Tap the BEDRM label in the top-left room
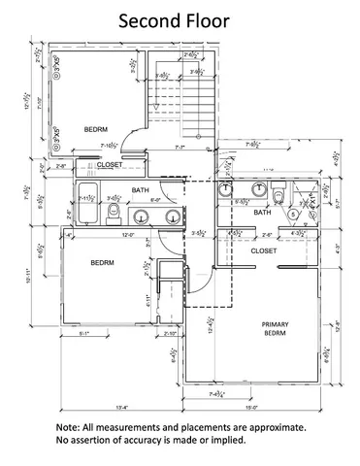pyautogui.click(x=97, y=129)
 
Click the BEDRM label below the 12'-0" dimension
pyautogui.click(x=105, y=263)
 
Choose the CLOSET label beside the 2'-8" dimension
pyautogui.click(x=110, y=165)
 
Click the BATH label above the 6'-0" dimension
pyautogui.click(x=141, y=189)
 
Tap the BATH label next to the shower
pyautogui.click(x=262, y=212)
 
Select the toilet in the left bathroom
pyautogui.click(x=115, y=211)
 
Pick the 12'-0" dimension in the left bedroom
pyautogui.click(x=100, y=235)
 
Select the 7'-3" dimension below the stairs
pyautogui.click(x=179, y=148)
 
